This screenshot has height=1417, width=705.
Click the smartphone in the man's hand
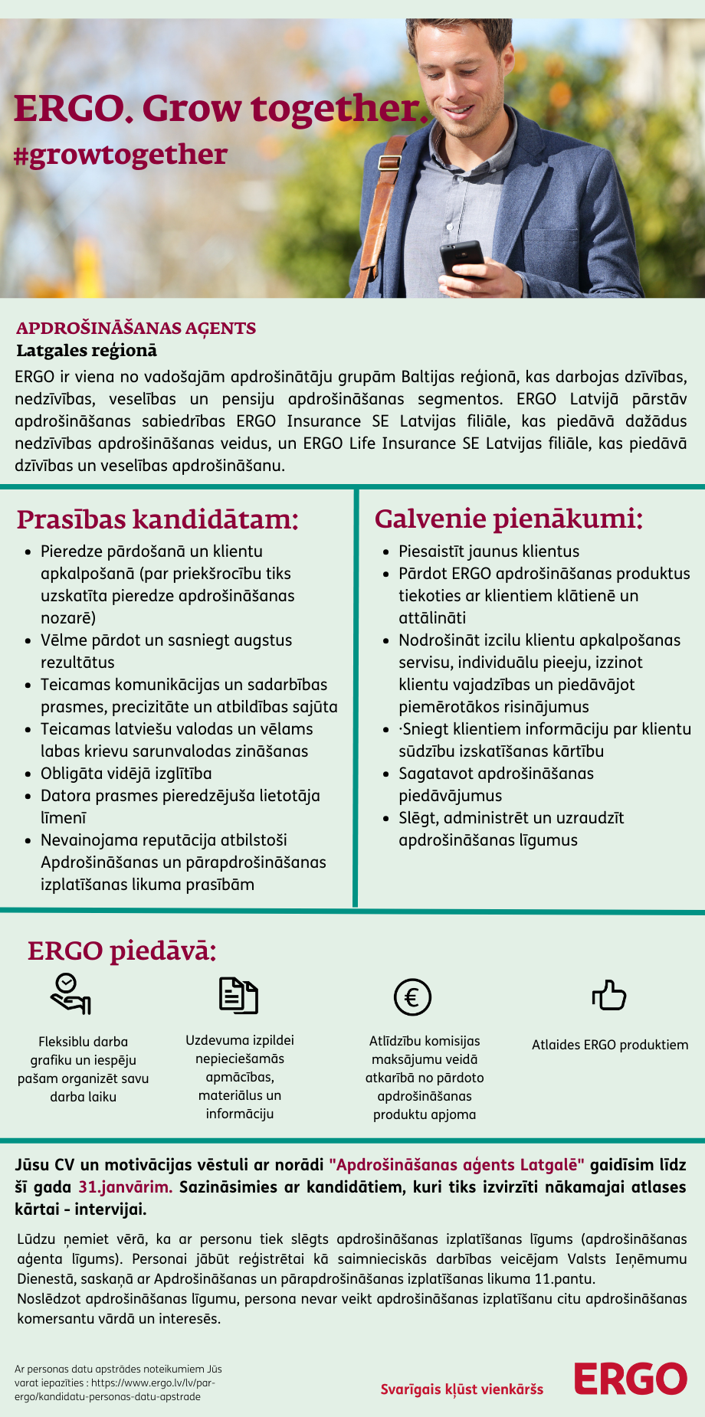pos(461,257)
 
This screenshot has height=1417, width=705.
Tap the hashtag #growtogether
pos(120,154)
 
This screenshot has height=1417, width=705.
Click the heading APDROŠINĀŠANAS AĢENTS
pos(136,328)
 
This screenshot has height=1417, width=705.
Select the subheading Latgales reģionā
pos(87,350)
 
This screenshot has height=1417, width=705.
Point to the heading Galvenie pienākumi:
pos(508,519)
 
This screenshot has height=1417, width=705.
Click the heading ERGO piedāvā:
pos(122,951)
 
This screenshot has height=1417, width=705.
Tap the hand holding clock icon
pos(70,994)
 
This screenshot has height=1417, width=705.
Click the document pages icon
pos(238,995)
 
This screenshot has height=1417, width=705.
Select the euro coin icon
pos(412,997)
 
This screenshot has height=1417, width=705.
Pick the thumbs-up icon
pos(609,995)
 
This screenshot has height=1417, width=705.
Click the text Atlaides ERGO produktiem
pos(610,1045)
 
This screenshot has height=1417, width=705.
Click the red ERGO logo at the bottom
pos(631,1379)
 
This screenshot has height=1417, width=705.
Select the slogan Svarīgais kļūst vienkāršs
pos(462,1389)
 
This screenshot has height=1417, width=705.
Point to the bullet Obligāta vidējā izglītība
pos(126,774)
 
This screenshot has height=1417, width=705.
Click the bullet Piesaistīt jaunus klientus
pos(489,551)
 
